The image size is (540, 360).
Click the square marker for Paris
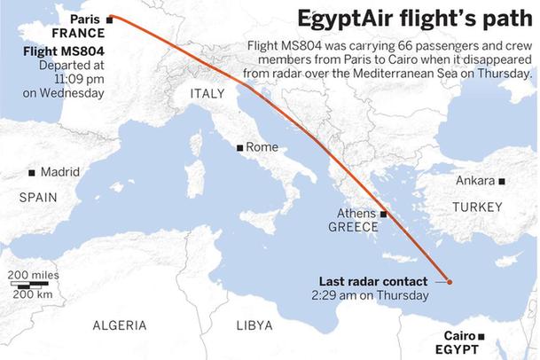(x=109, y=18)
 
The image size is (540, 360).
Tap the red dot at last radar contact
(x=450, y=283)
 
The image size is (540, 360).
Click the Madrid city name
(x=59, y=172)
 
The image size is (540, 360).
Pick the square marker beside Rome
(x=239, y=147)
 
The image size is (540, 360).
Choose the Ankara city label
(x=474, y=181)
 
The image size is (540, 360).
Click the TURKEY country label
(x=476, y=207)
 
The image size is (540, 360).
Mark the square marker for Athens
(x=384, y=214)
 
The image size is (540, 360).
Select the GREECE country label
(x=354, y=227)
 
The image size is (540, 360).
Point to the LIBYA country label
(x=254, y=325)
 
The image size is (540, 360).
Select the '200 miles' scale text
(x=34, y=276)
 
